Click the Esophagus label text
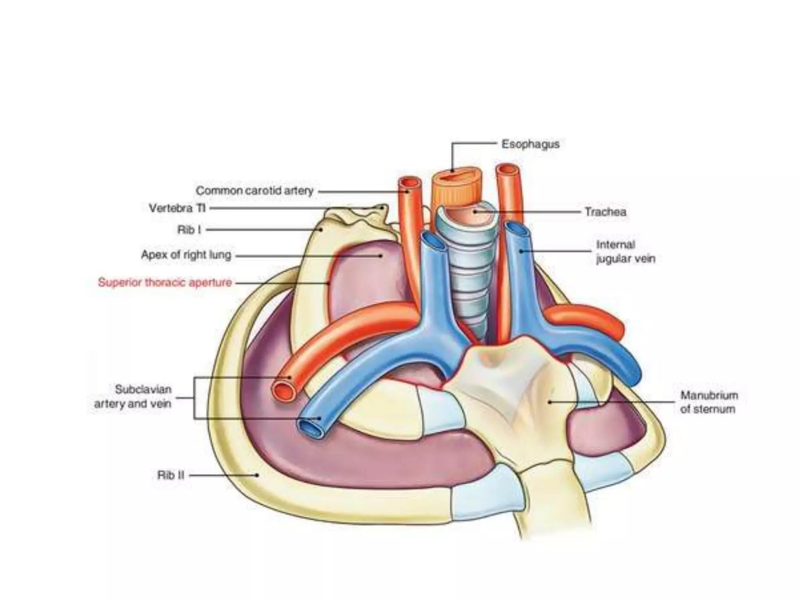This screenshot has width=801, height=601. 530,144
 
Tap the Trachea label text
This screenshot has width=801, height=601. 605,212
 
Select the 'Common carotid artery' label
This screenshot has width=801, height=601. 255,191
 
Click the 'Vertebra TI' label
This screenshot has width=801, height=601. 177,208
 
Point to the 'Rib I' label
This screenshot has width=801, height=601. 189,230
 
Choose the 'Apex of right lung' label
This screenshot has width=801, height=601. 186,255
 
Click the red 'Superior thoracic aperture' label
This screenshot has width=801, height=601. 165,283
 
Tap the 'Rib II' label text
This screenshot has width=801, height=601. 171,475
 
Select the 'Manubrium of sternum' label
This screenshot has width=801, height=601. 709,402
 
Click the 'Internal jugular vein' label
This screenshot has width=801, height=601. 625,252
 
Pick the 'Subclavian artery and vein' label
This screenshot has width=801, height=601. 133,396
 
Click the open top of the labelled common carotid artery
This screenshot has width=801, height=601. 409,183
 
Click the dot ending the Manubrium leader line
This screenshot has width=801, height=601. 550,402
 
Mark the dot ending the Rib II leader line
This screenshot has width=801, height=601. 257,475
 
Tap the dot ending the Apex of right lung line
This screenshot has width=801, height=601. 381,256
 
